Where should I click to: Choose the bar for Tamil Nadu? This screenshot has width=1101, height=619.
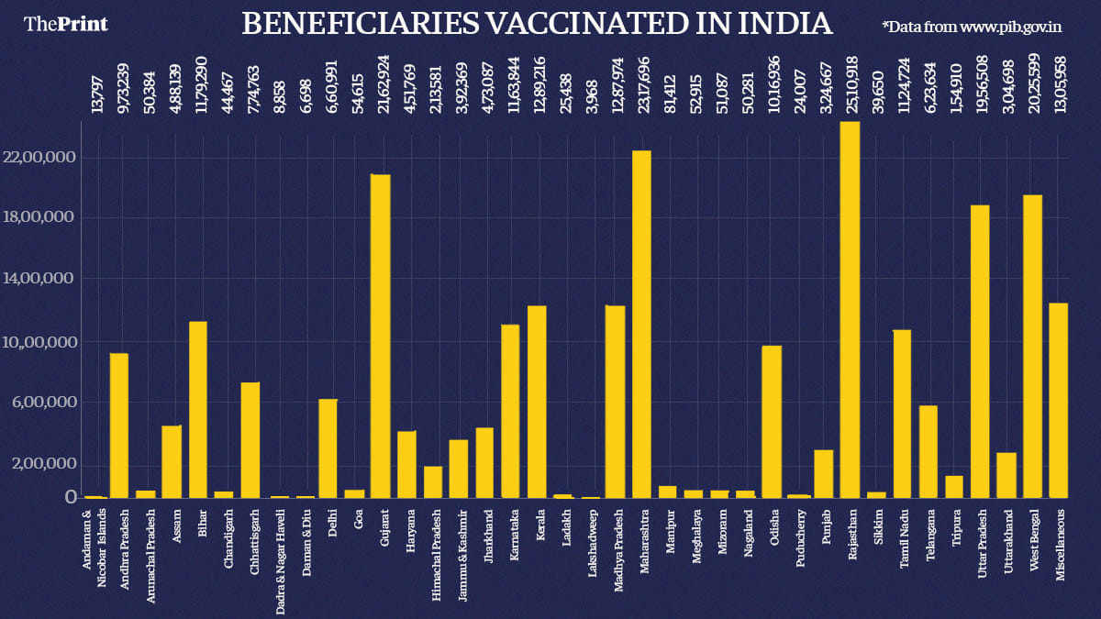[902, 414]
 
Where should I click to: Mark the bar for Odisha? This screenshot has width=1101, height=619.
[772, 421]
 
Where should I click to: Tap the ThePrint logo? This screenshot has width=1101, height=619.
[65, 24]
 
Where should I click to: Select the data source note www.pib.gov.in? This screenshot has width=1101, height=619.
[1010, 27]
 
